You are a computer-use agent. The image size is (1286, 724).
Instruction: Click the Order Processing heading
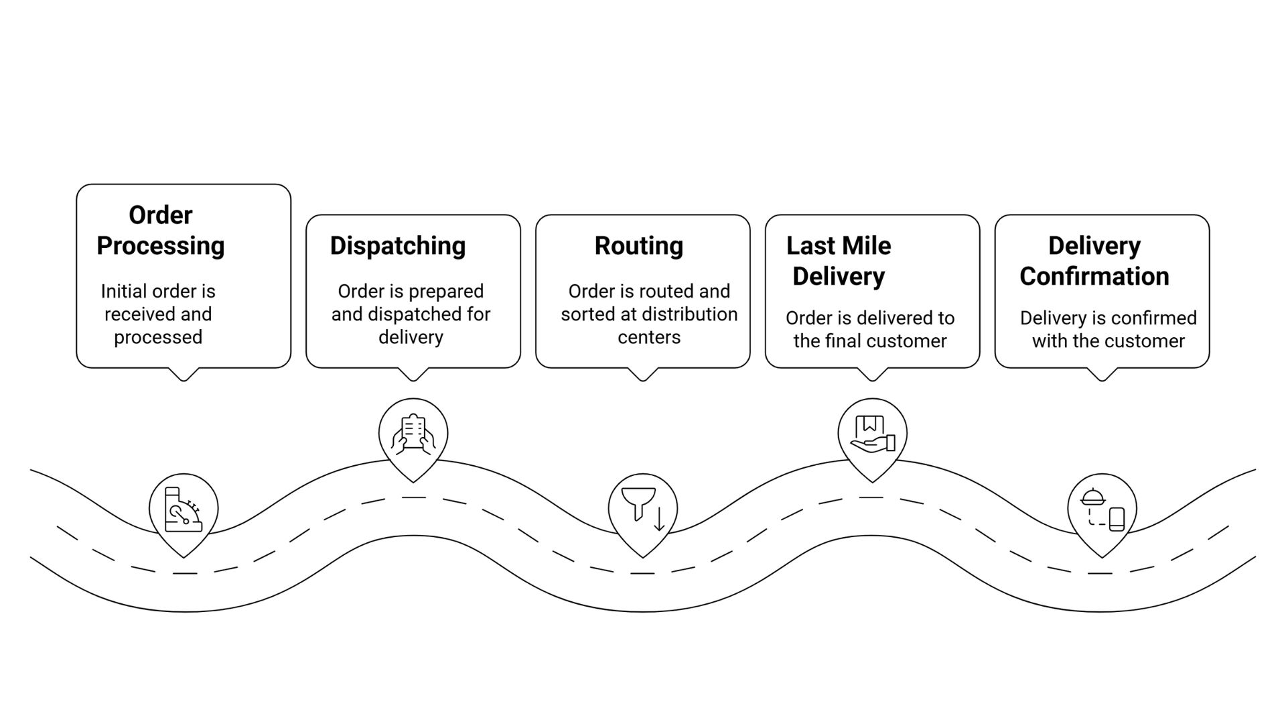tap(161, 231)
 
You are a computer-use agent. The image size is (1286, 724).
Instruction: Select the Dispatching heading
tap(397, 246)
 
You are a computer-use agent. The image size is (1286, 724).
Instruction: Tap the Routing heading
tap(638, 246)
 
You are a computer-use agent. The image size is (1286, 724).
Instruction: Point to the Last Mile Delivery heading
tap(838, 261)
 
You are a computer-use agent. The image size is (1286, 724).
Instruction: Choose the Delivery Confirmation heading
tap(1094, 261)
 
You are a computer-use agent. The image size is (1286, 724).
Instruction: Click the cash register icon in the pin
tap(183, 510)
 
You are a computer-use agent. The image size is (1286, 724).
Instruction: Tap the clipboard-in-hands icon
tap(413, 434)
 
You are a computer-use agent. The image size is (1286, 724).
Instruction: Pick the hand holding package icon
tap(872, 434)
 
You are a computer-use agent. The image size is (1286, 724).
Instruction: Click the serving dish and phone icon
tap(1102, 510)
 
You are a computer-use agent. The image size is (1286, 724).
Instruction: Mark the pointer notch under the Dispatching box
tap(413, 375)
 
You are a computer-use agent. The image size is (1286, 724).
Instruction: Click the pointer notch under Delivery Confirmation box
tap(1102, 375)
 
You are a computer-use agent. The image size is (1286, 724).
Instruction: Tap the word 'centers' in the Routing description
tap(648, 337)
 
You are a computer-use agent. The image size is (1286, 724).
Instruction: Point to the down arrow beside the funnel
tap(659, 520)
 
